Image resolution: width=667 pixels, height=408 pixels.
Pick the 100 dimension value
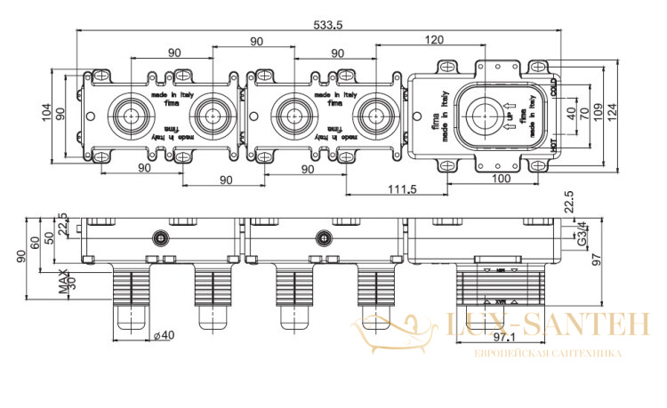click(501, 180)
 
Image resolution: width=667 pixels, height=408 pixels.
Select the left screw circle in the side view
click(160, 237)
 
